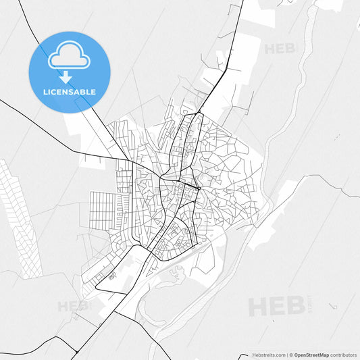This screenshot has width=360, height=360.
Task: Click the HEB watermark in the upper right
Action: pos(280,49)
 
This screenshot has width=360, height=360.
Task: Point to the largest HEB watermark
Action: pos(277,306)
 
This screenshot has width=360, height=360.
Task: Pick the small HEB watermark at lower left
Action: pos(73,305)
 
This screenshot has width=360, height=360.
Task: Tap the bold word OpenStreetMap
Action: pos(312,354)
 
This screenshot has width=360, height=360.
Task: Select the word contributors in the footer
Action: pos(343,354)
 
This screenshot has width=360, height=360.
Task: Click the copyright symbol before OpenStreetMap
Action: pos(291,354)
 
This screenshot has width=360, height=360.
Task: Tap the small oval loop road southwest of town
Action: pos(110,276)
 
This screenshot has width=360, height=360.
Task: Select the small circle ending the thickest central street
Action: pos(200,188)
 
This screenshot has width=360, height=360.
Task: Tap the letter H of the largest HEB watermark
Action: pos(259,306)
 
